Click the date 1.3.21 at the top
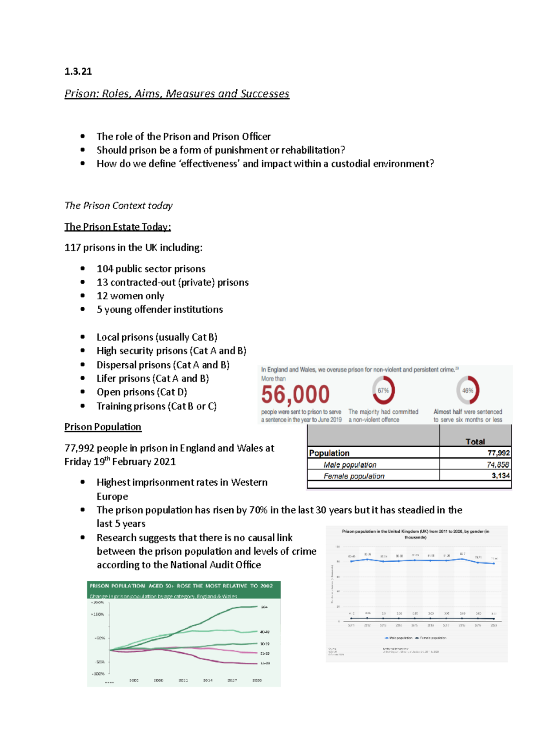78,71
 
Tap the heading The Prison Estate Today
117,227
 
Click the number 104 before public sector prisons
105,269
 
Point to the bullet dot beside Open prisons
83,392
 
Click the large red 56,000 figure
295,394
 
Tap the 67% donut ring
383,390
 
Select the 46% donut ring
468,390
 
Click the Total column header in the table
475,441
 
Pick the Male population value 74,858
497,464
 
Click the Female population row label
354,476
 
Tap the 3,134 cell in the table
500,476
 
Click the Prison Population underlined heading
103,427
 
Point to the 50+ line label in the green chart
264,607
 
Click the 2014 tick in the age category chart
208,680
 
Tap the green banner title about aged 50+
181,586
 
